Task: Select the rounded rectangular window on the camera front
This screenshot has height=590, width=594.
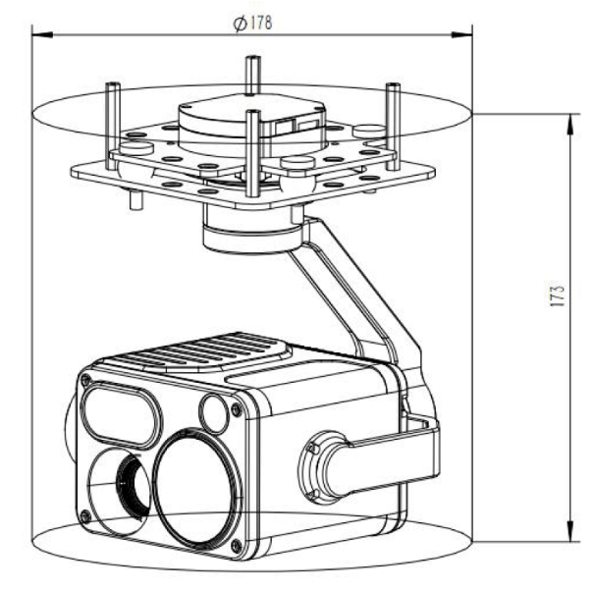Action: click(119, 411)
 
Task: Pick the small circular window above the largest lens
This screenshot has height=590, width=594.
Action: click(214, 411)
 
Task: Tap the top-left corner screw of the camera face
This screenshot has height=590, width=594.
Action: click(88, 380)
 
